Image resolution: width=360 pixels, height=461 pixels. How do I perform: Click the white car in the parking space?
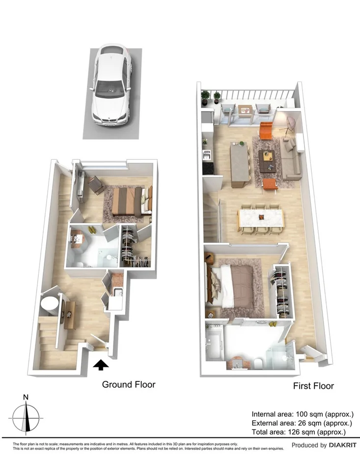pos(111,87)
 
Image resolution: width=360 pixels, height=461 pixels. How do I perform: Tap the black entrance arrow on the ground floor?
pos(101,365)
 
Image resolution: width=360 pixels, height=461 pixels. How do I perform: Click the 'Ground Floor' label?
pos(129,384)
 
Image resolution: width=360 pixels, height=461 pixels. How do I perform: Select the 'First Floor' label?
pos(313,386)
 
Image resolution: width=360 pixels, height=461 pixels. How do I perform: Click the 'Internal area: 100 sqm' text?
pos(303,413)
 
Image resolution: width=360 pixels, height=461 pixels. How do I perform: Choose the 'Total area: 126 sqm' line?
pos(299,432)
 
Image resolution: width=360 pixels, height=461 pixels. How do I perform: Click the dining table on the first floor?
pos(261,218)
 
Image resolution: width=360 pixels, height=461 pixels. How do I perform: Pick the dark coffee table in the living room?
pos(268,161)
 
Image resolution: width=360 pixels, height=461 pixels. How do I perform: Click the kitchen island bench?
pos(240,165)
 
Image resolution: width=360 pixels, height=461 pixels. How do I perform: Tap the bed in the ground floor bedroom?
pos(129,201)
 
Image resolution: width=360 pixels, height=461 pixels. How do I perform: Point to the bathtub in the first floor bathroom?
pos(214,343)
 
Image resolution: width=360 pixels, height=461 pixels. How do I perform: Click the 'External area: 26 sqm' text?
pos(302,423)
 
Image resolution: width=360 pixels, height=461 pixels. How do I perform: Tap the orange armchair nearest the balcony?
pos(266,130)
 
